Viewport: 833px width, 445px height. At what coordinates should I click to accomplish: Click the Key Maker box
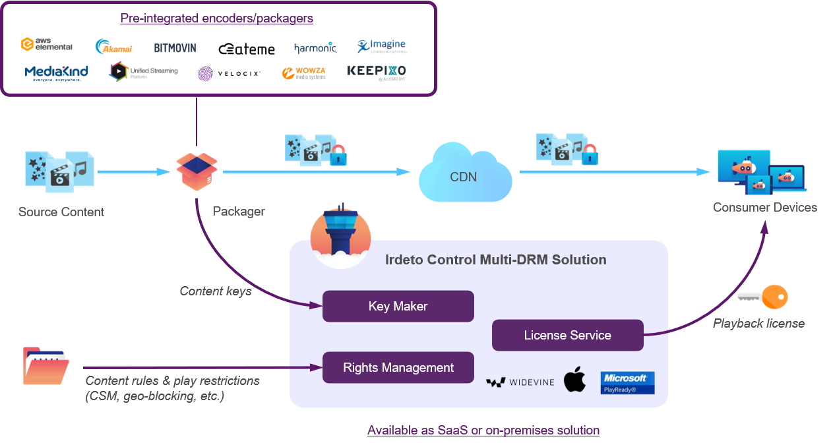[398, 306]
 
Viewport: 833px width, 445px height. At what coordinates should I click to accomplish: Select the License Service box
[567, 335]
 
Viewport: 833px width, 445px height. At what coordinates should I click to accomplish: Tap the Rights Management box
[398, 367]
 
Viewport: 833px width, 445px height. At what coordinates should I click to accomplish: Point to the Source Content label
[61, 212]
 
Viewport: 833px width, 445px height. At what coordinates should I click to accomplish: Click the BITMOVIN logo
[175, 47]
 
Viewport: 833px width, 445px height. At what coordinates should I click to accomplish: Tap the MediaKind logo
[56, 73]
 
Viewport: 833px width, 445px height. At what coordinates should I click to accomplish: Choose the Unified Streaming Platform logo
[143, 71]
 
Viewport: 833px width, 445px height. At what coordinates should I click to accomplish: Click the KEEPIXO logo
[376, 73]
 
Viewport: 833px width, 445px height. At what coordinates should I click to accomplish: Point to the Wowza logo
[303, 73]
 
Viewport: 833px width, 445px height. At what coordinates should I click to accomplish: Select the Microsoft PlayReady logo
[627, 382]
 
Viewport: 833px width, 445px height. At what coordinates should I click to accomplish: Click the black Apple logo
[574, 380]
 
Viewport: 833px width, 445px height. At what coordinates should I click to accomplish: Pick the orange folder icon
[46, 366]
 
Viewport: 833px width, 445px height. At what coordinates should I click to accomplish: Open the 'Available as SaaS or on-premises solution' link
[483, 430]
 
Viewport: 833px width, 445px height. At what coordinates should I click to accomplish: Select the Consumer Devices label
[764, 207]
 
